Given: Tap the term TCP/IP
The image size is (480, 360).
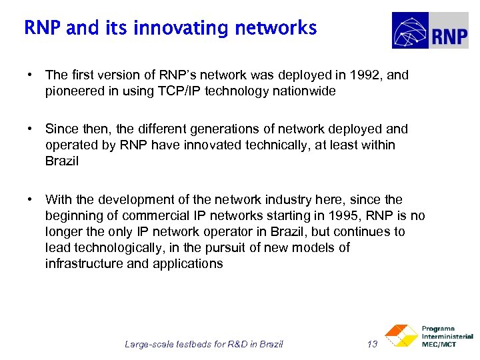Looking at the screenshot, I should point(172,91).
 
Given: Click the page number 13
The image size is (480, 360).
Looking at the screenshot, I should point(373,344).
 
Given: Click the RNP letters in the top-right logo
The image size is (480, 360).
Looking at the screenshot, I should point(449,35).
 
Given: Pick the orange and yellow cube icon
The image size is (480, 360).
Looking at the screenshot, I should point(401,336).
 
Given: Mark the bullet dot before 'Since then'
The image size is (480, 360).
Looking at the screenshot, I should point(31,129).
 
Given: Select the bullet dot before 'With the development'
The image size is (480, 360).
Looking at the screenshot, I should point(31,199).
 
